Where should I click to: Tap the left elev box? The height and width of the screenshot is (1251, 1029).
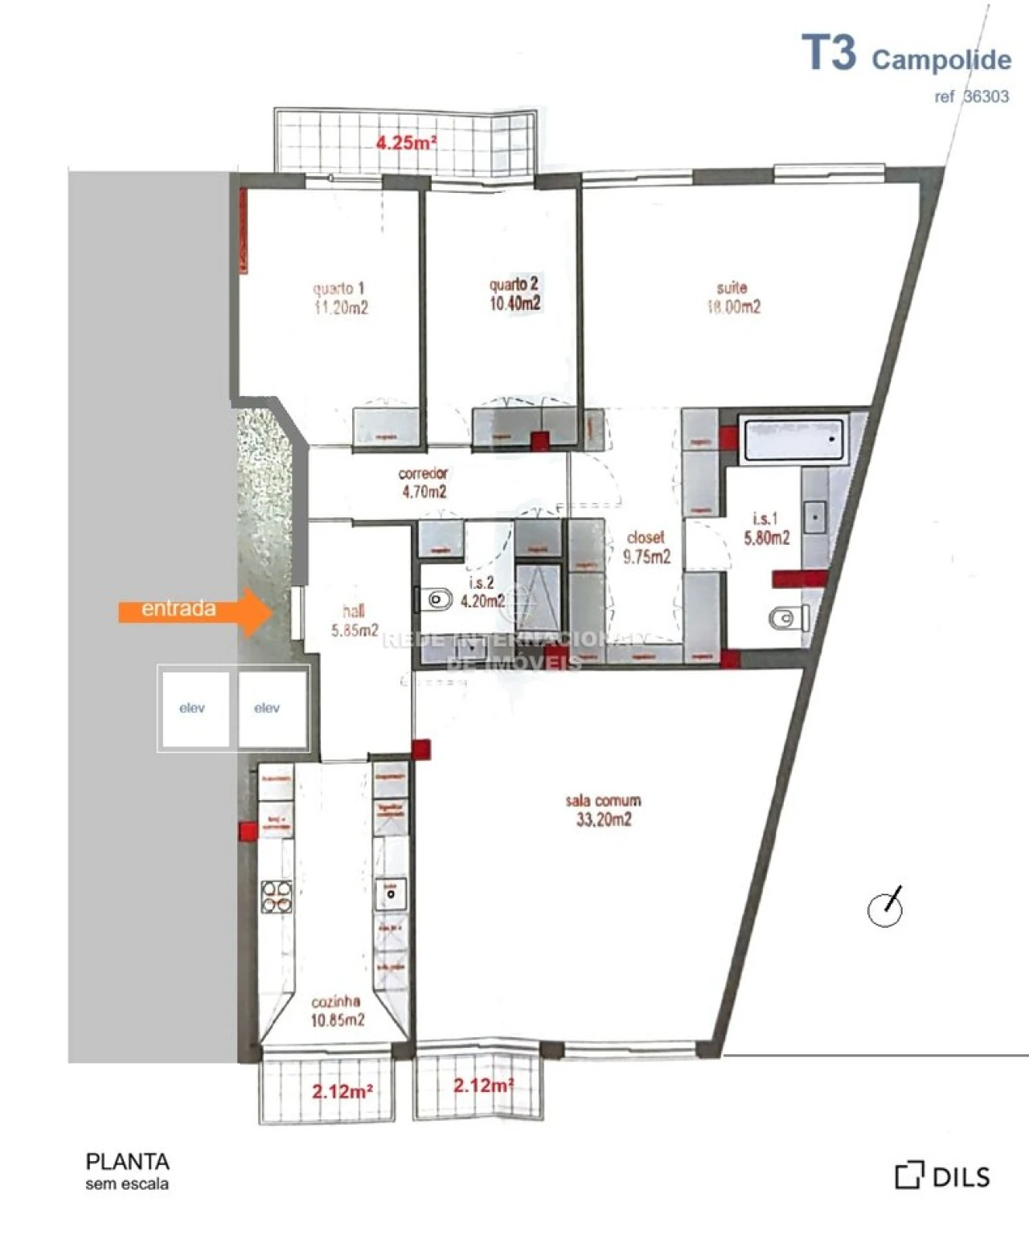point(193,709)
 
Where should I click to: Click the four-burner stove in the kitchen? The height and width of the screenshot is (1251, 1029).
point(276,897)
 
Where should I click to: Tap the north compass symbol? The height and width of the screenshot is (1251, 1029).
point(886,908)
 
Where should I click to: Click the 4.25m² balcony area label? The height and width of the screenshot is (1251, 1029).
point(407,143)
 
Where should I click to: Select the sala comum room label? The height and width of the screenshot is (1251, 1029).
point(603,810)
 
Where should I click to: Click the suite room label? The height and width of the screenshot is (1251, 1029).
point(732,297)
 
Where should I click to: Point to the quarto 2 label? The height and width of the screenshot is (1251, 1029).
point(514,293)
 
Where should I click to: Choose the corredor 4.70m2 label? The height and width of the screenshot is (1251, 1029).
point(424,483)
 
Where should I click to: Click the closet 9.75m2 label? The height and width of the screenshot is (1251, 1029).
point(646,546)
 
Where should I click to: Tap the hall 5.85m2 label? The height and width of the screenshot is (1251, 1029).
point(354,620)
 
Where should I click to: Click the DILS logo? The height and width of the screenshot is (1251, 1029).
point(942,1176)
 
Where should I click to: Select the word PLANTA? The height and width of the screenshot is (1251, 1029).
point(127,1162)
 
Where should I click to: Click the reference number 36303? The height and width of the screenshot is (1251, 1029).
point(986,96)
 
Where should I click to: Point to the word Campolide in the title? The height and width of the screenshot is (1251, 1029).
point(941,59)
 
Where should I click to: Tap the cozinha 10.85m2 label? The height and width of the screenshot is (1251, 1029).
point(337,1011)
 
